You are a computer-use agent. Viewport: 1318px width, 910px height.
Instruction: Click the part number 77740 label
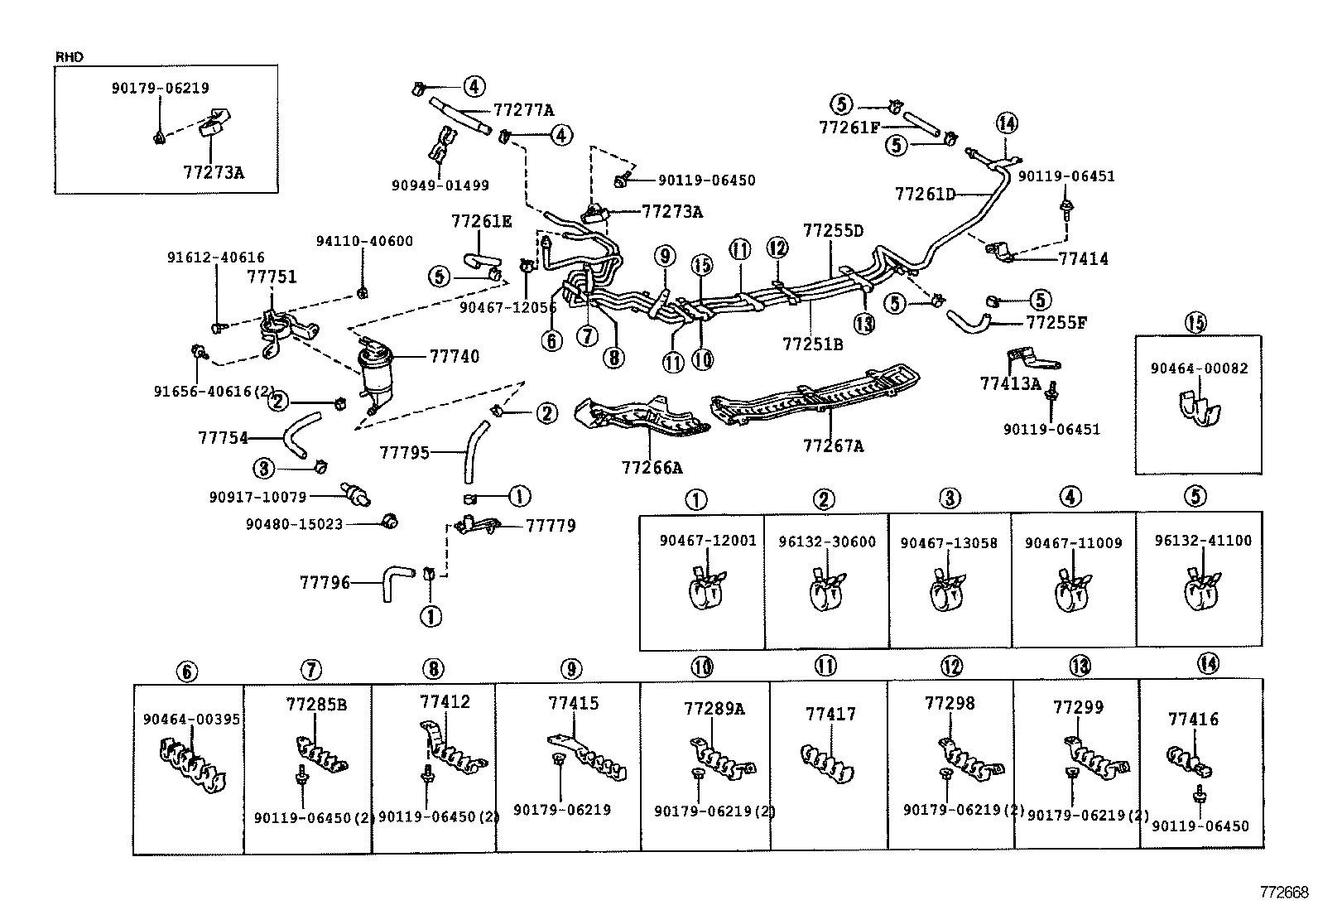455,356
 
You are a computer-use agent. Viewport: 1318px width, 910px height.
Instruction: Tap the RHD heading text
69,57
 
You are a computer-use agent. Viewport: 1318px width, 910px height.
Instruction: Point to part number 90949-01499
440,185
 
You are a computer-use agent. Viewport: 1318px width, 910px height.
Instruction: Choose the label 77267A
832,445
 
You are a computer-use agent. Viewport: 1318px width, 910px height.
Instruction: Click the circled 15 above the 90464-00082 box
1195,324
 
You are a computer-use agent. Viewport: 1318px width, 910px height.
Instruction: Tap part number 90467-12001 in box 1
708,541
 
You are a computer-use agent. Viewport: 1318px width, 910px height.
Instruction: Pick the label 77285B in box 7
316,705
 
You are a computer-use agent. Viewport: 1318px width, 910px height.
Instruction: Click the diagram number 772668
1284,893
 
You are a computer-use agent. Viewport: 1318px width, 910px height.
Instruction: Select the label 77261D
925,195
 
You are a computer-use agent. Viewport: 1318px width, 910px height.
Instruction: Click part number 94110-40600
364,241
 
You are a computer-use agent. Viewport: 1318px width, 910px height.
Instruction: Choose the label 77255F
1056,322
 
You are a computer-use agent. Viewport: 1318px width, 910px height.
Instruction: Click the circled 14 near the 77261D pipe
1006,123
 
